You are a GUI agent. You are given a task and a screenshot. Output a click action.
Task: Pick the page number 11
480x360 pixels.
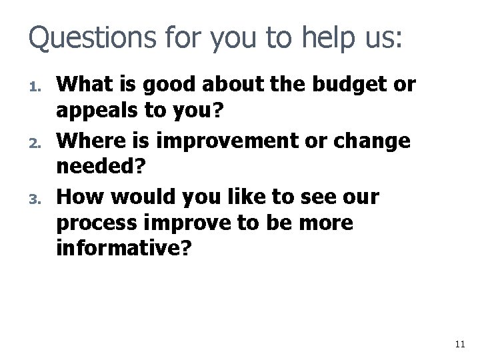click(x=458, y=344)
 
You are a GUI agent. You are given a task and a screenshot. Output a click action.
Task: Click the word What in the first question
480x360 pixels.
click(x=83, y=85)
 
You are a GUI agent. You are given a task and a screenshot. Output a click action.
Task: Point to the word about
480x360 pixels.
click(x=239, y=85)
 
